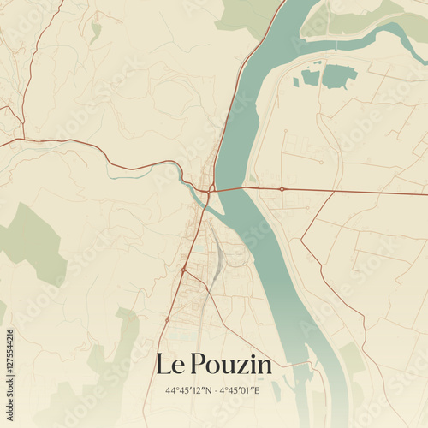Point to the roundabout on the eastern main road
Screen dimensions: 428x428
click(282, 188)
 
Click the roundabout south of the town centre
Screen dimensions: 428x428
click(184, 270)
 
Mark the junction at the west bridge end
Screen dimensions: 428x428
click(211, 188)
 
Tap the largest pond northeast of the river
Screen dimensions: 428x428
click(339, 75)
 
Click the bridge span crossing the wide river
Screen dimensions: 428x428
click(229, 188)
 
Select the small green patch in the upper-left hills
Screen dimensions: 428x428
click(96, 31)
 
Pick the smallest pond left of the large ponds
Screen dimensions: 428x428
click(295, 81)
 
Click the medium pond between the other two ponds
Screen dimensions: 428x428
click(310, 77)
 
